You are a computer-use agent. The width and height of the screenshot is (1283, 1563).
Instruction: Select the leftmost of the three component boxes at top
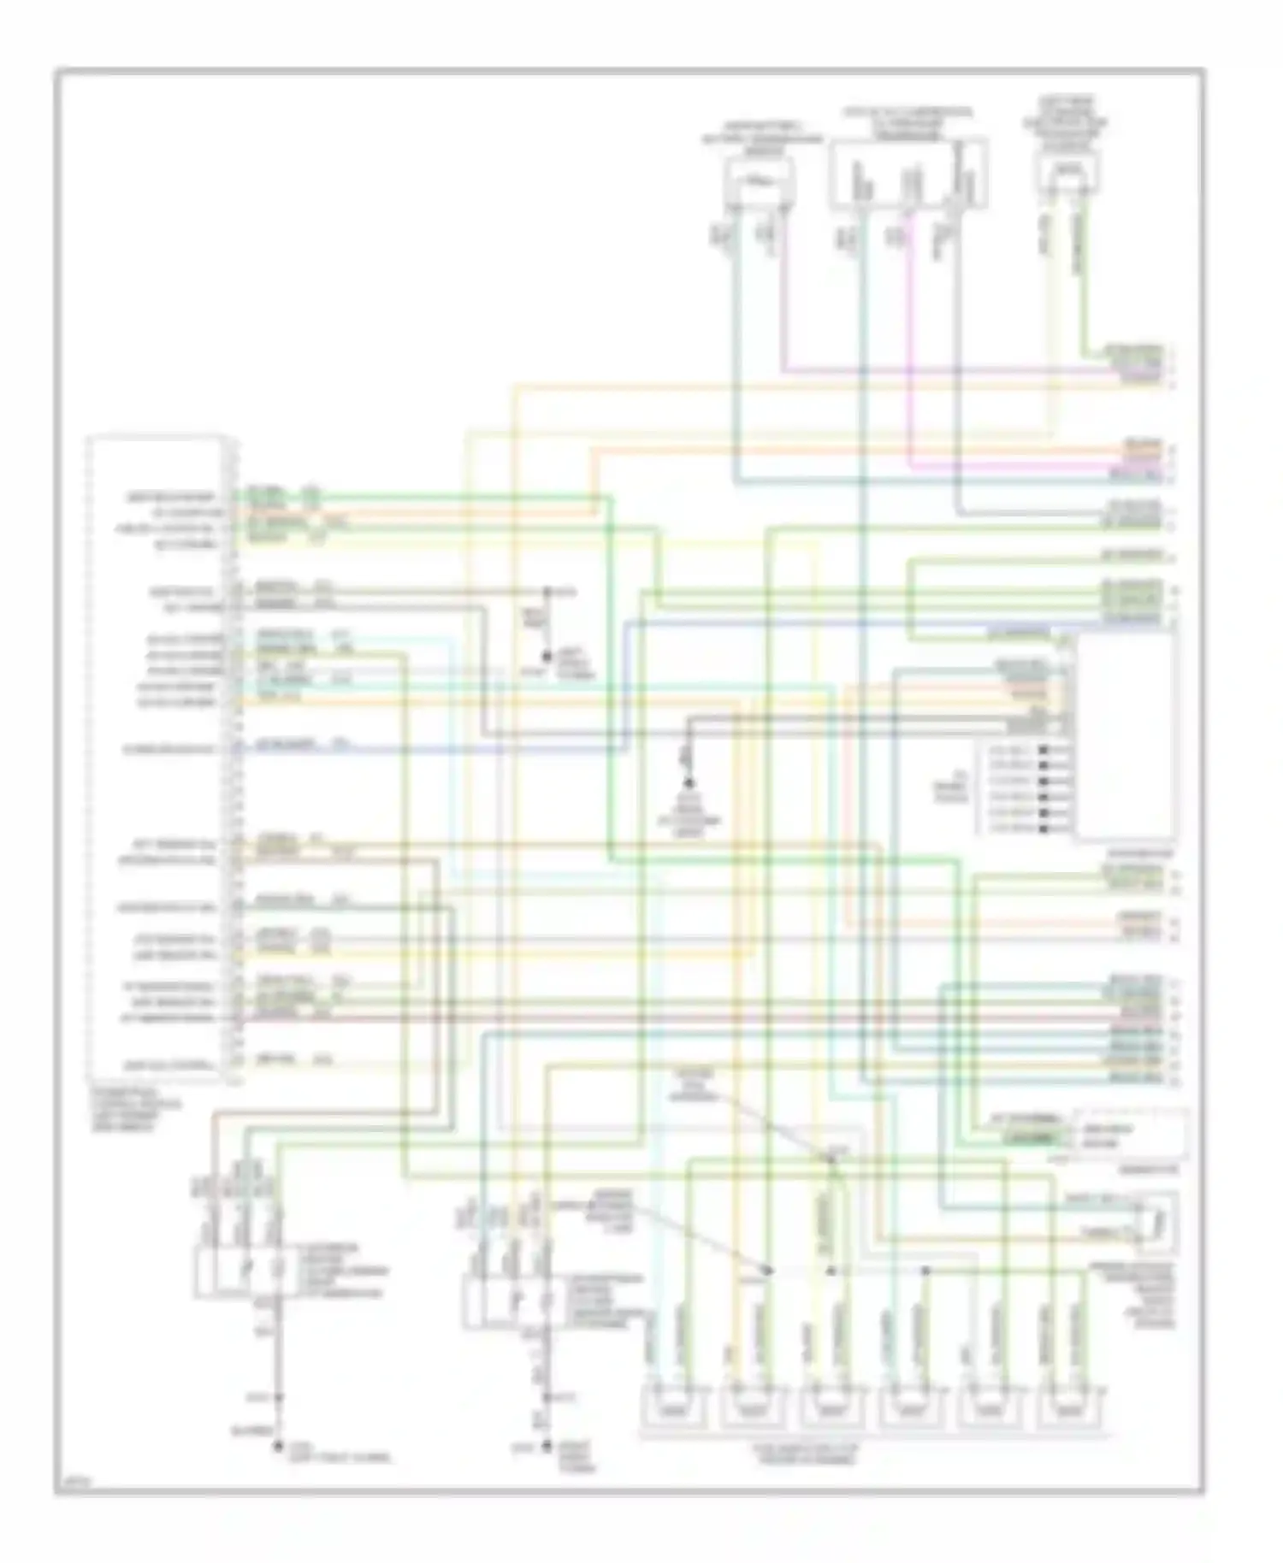(758, 182)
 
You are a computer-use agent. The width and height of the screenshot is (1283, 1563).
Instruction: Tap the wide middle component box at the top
(908, 174)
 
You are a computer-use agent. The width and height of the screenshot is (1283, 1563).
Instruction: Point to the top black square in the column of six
(1044, 750)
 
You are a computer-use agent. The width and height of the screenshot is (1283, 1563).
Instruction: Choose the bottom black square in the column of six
(1044, 829)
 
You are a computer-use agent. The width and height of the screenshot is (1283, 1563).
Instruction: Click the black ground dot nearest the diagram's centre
(688, 784)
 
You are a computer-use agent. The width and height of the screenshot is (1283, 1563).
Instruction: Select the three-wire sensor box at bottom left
(242, 1271)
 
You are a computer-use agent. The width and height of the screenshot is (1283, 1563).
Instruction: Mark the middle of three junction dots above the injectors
(831, 1271)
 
